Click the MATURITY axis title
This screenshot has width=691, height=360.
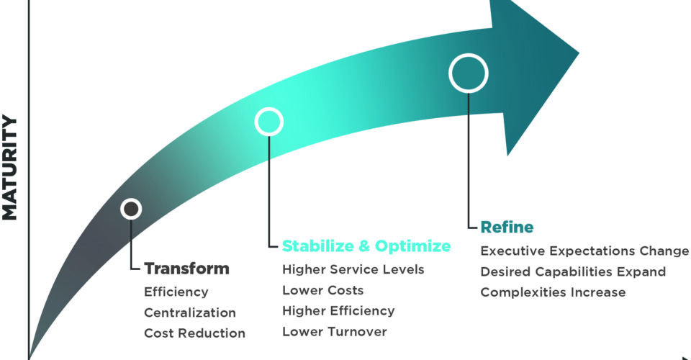coord(10,168)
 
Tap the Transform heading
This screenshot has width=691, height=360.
coord(186,269)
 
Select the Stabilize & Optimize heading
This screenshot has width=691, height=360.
coord(366,246)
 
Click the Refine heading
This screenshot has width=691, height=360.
coord(507,228)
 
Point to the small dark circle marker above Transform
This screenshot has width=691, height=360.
coord(131,209)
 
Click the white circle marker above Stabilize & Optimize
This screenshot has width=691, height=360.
coord(268,122)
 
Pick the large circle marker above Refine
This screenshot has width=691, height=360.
coord(469,73)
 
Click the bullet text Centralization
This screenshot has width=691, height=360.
coord(189,313)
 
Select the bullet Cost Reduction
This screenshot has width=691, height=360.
coord(194,333)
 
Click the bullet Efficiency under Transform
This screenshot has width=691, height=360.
coord(176,292)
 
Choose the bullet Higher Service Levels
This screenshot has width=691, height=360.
coord(353,270)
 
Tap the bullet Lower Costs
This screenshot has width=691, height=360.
coord(322,291)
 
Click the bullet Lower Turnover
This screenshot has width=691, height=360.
coord(334,332)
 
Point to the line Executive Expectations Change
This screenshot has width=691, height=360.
coord(584,251)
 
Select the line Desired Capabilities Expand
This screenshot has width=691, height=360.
coord(572,272)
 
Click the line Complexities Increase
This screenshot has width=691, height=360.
coord(552,292)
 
